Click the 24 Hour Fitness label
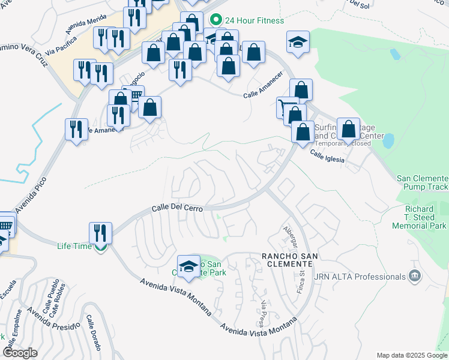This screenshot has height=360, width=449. (255, 21)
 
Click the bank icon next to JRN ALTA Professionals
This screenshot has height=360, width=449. (415, 277)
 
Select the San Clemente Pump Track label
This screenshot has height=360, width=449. (422, 183)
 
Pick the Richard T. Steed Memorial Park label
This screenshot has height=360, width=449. (419, 218)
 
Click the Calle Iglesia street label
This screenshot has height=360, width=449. (327, 156)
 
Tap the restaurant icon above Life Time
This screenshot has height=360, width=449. (100, 233)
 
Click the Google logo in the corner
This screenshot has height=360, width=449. (20, 353)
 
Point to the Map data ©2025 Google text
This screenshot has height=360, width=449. (411, 355)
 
